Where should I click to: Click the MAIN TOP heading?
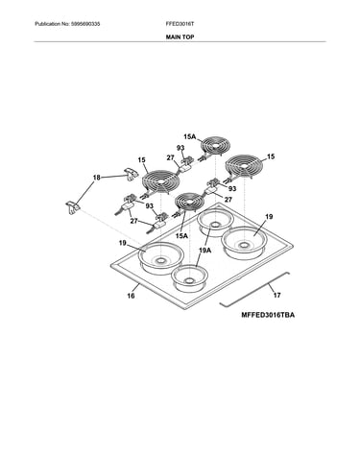click(180, 37)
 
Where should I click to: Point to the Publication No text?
click(67, 24)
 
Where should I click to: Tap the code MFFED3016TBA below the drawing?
click(268, 315)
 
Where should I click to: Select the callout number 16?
click(131, 296)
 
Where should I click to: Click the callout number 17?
click(276, 295)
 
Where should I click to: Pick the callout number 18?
click(97, 178)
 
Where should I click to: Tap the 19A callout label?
click(204, 251)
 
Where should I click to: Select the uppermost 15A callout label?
click(189, 136)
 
